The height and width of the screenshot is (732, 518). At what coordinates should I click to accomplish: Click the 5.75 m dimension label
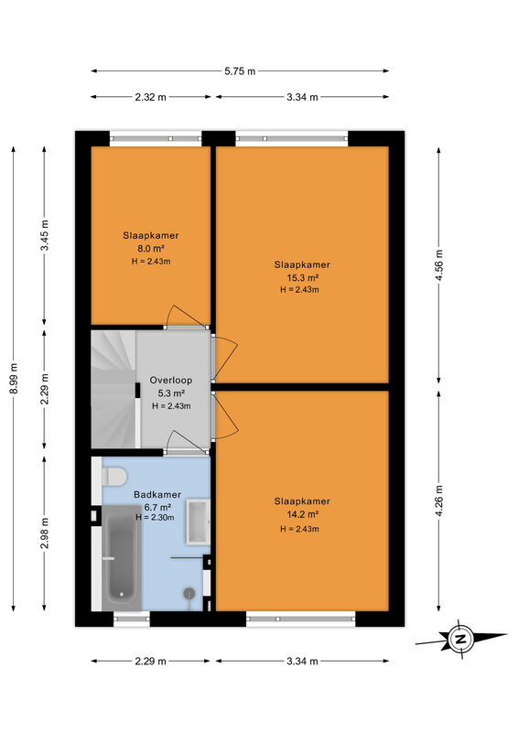coord(240,71)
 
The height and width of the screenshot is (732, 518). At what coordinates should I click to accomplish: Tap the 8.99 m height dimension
coord(14,378)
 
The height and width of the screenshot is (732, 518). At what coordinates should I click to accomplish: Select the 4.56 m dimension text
coord(438,265)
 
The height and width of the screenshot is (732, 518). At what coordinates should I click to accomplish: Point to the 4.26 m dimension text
coord(438,501)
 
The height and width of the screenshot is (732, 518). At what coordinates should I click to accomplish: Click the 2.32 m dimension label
coord(150,97)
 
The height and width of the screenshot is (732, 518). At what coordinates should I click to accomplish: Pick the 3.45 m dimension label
coord(44,235)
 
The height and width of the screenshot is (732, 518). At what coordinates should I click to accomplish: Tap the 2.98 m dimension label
coord(44,533)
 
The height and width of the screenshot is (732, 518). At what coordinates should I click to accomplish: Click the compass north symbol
coord(460,639)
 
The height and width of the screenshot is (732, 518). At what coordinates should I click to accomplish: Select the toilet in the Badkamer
coord(114,476)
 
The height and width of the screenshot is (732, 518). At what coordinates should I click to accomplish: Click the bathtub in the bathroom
coord(122,558)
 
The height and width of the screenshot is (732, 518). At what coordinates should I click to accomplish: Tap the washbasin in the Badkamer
coord(198,522)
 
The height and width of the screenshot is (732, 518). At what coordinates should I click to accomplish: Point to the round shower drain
coord(189,593)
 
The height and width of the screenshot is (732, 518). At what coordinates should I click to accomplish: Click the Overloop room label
coord(171,380)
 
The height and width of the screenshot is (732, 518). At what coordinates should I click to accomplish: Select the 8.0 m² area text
coord(150,248)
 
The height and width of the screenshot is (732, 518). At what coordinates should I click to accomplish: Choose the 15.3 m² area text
coord(302,278)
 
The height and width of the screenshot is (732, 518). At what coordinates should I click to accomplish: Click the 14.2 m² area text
coord(302,514)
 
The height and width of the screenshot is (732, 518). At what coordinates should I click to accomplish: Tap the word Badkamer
coord(157,494)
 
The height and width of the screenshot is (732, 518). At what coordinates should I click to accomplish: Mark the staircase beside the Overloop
coord(115,390)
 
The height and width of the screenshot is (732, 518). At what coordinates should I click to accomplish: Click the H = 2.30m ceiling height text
coord(155,517)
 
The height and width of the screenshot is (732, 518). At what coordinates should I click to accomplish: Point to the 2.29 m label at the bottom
coord(150,661)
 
